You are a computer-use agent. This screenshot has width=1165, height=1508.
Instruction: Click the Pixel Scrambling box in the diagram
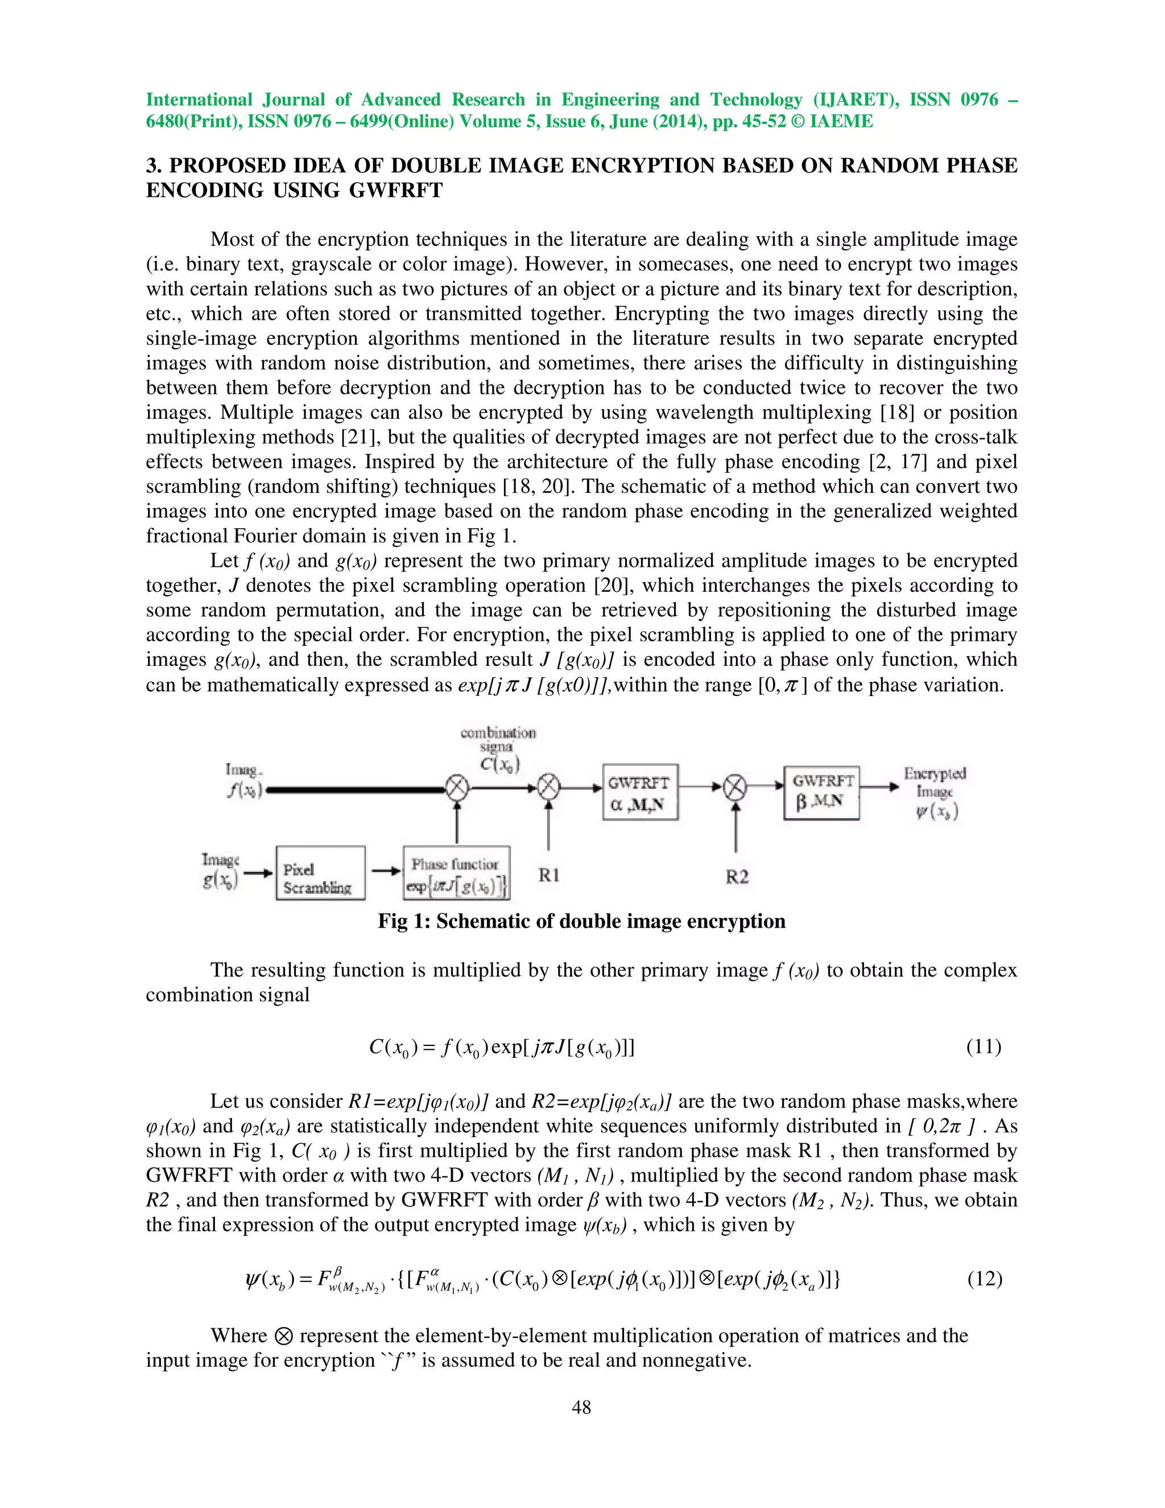click(x=320, y=873)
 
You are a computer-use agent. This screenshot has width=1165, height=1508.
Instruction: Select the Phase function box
click(x=456, y=873)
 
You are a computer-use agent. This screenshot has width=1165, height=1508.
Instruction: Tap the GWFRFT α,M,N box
click(x=640, y=792)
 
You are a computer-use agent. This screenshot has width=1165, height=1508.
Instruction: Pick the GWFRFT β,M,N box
click(x=821, y=792)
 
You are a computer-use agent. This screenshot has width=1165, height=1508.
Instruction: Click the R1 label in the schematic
click(x=549, y=876)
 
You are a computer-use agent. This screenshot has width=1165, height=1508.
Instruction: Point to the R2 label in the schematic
click(x=737, y=877)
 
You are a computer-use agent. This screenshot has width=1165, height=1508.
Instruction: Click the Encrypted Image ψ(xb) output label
click(x=935, y=792)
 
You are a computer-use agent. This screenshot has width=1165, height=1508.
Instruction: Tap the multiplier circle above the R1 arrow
click(x=549, y=786)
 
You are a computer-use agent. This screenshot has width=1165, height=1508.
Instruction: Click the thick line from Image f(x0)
click(x=356, y=789)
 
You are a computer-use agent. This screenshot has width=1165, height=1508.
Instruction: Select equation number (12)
click(x=984, y=1279)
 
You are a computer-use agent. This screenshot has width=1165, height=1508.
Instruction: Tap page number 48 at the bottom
click(x=582, y=1407)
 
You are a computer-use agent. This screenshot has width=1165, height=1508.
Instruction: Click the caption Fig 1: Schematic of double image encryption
click(x=581, y=921)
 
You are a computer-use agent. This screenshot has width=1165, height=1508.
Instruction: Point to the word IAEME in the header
click(x=841, y=122)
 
